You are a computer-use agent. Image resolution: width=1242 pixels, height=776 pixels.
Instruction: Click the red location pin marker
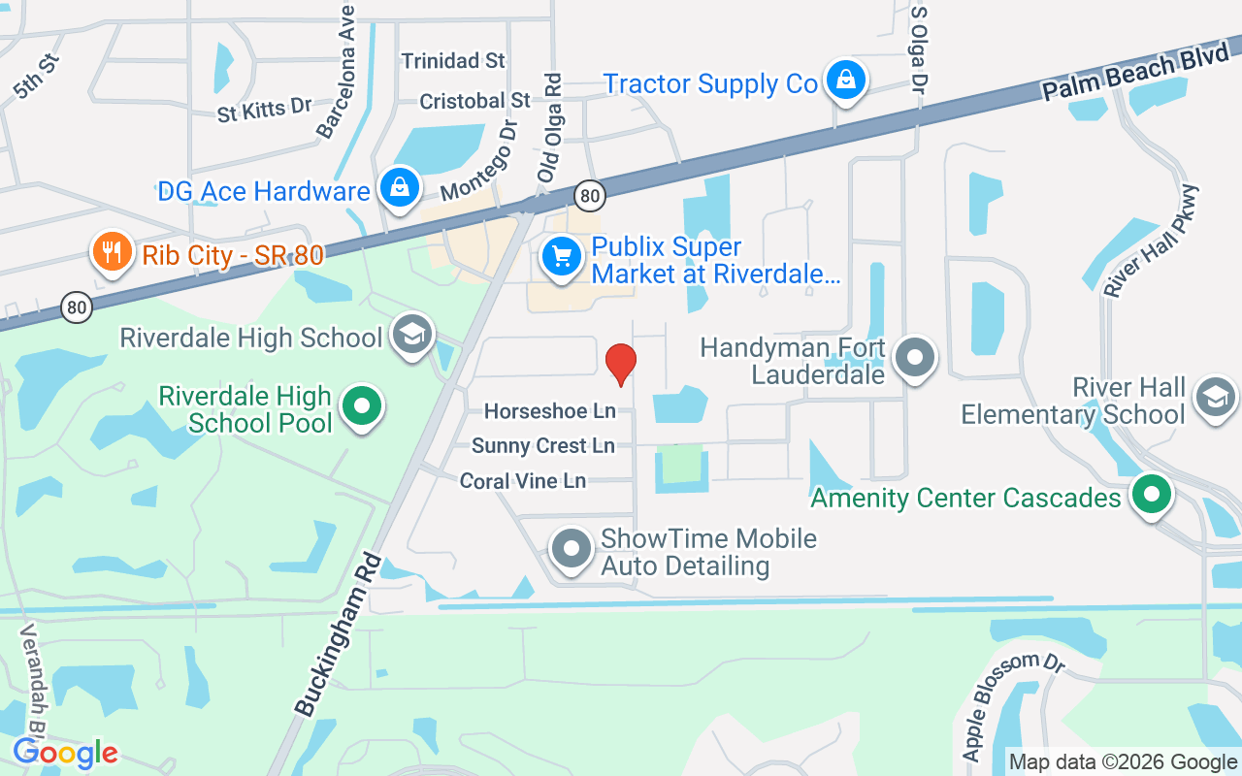(x=620, y=364)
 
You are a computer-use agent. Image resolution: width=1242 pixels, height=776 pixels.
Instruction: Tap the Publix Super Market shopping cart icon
(x=561, y=257)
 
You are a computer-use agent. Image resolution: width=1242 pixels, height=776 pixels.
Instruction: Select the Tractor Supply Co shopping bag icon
(x=846, y=81)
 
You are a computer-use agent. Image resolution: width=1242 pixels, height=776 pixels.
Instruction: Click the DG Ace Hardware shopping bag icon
(x=399, y=187)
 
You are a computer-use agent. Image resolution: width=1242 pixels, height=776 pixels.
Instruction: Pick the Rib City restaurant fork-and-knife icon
(x=112, y=253)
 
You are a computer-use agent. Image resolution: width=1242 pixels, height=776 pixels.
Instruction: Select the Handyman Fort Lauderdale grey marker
(x=914, y=358)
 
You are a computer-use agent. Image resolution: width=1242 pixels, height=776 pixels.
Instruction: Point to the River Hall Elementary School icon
(x=1216, y=397)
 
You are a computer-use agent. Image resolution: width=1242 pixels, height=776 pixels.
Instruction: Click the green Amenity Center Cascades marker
(x=1152, y=495)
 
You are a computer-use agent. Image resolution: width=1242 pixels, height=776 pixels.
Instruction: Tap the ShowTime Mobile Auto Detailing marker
(x=571, y=549)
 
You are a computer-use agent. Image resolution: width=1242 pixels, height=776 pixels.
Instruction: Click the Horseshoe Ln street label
(x=550, y=411)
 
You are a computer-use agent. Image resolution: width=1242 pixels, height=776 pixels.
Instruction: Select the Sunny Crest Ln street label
(x=543, y=446)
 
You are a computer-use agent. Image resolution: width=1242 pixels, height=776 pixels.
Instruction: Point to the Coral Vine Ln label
(x=523, y=481)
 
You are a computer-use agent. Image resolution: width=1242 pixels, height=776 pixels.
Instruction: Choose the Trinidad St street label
(x=453, y=60)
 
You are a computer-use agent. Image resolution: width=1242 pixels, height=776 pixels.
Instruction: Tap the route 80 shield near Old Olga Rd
(x=589, y=195)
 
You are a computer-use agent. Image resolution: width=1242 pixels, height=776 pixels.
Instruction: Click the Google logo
(x=65, y=753)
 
